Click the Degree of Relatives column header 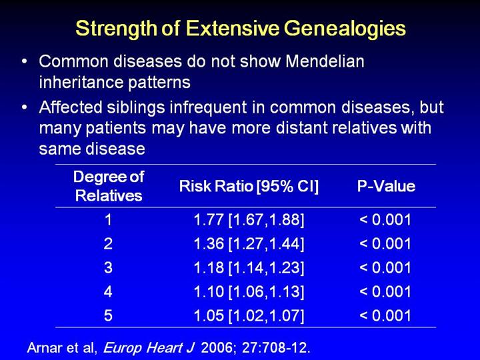(x=109, y=186)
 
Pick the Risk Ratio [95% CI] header (x=249, y=187)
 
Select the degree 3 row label (x=109, y=268)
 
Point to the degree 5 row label (x=109, y=316)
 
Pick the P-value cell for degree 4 (x=385, y=292)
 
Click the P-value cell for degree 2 (x=385, y=244)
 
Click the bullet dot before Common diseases (x=25, y=62)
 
